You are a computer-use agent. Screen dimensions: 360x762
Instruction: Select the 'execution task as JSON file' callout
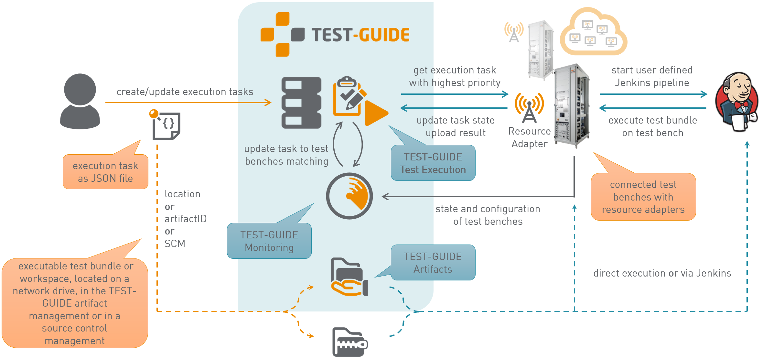click(105, 172)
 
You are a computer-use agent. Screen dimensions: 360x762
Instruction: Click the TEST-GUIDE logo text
click(360, 35)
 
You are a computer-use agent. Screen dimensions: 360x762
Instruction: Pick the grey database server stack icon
click(301, 103)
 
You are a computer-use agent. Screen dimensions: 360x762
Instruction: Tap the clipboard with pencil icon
click(348, 96)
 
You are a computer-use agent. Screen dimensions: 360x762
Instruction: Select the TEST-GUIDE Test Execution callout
click(433, 163)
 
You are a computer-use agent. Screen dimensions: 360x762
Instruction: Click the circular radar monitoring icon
click(349, 196)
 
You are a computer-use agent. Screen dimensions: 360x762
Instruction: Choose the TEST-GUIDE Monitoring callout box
click(269, 241)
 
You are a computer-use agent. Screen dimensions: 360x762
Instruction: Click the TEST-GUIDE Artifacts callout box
click(433, 263)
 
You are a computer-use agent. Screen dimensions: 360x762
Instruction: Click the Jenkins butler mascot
click(737, 102)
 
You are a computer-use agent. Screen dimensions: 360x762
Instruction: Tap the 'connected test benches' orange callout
click(643, 197)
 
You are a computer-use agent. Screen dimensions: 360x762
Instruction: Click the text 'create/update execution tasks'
click(185, 92)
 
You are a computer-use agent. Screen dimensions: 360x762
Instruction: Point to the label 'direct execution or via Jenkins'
click(662, 273)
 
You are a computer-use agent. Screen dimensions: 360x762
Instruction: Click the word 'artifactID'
click(186, 219)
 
